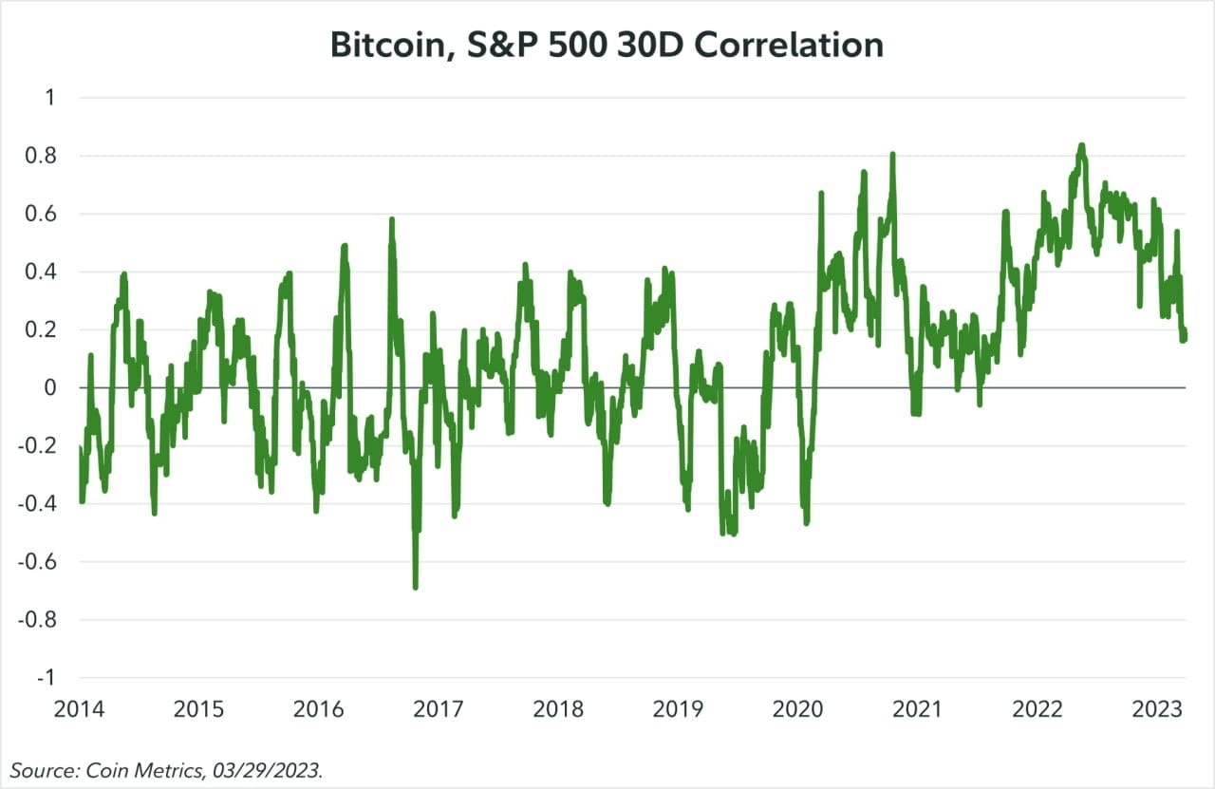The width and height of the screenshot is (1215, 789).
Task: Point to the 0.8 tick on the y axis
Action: (x=41, y=156)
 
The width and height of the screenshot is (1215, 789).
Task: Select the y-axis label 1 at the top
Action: (x=50, y=98)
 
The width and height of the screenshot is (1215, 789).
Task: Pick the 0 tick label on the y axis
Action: (x=50, y=388)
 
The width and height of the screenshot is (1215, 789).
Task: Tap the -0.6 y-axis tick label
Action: (x=37, y=562)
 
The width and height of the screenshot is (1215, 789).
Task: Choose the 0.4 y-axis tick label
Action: (x=41, y=272)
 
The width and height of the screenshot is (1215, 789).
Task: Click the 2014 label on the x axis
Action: (x=79, y=709)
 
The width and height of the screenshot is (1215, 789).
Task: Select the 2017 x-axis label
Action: (x=439, y=709)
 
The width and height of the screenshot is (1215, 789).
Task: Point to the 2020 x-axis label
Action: (x=798, y=709)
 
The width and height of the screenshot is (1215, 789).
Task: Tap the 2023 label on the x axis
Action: (x=1158, y=709)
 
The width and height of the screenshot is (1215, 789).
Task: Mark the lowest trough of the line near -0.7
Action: (x=416, y=587)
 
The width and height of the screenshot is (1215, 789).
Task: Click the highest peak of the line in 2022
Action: (x=1080, y=145)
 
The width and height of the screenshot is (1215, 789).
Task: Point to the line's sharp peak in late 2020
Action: (x=892, y=154)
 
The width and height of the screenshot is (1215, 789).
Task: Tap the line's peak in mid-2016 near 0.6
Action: (x=391, y=219)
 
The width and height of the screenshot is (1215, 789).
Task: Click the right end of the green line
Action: (x=1185, y=334)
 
